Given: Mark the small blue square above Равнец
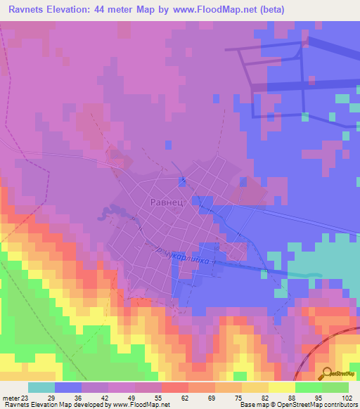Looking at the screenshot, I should [x=182, y=181].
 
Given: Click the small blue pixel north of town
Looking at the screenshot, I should [x=168, y=145].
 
